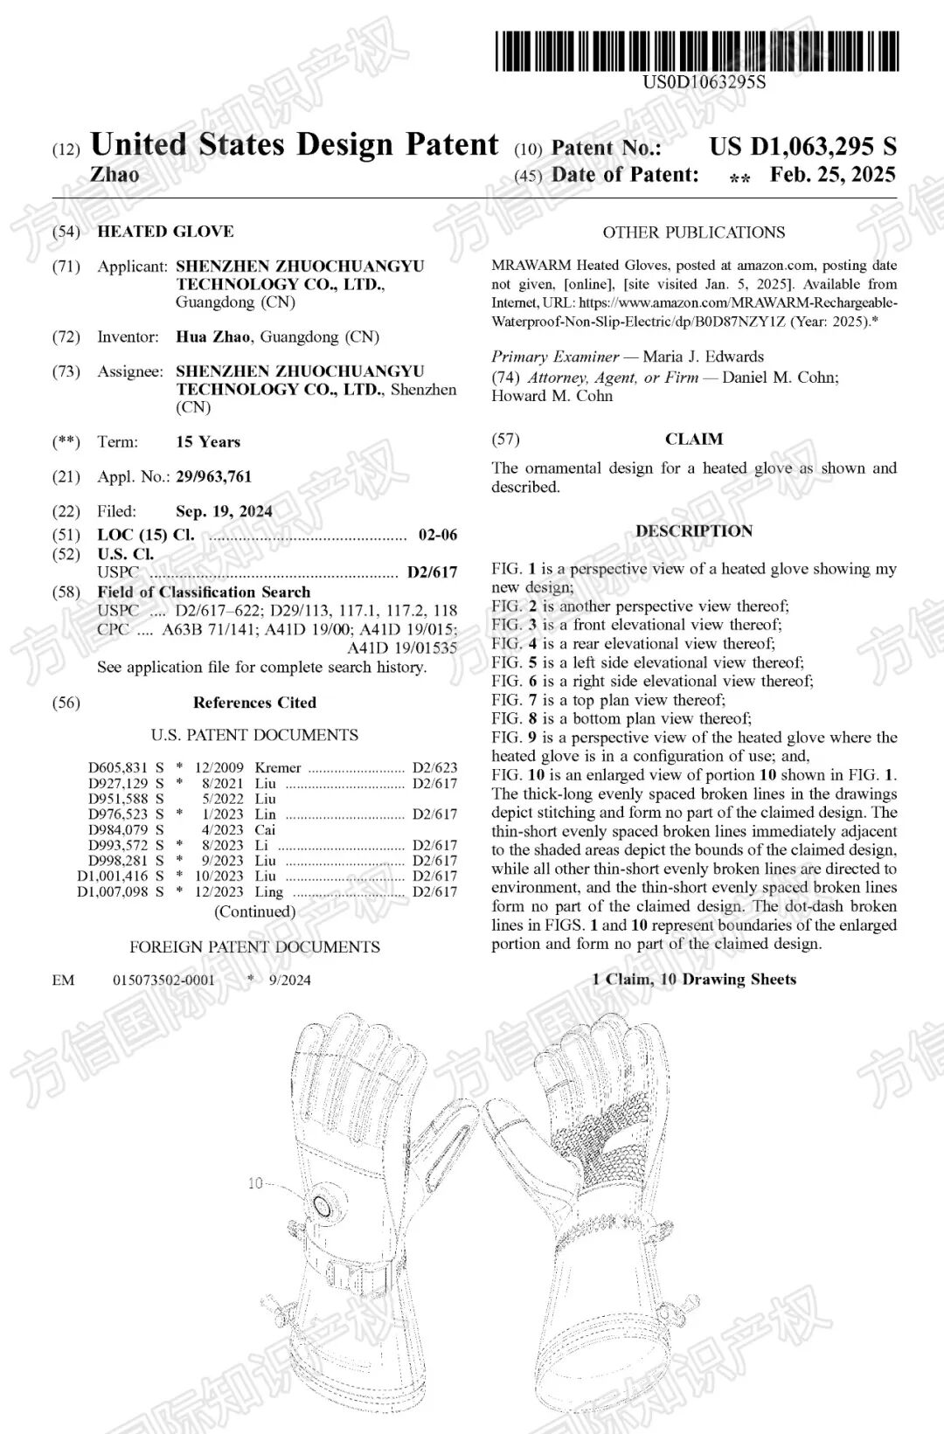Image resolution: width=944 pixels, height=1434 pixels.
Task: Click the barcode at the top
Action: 697,51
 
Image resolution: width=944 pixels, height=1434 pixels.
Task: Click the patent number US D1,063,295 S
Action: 802,147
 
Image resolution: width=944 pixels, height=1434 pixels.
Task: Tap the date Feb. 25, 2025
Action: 832,175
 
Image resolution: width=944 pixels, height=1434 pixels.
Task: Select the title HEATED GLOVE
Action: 165,232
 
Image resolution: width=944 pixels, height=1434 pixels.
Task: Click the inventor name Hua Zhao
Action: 212,336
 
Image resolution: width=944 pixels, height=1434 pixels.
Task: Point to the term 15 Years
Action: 208,441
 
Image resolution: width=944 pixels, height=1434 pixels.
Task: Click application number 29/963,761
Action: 213,476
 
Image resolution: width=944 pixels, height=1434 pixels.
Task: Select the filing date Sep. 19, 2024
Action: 224,511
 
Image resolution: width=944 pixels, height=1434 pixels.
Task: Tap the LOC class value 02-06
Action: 437,535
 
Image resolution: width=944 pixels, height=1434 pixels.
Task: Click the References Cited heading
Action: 254,703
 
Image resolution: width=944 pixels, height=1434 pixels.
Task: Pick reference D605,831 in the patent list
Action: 118,767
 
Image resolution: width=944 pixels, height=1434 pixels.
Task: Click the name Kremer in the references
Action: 278,767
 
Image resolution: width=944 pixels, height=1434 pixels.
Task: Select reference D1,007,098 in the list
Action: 113,891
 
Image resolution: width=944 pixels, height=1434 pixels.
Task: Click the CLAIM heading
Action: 694,439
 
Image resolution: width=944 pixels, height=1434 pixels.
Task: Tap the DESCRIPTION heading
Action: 694,530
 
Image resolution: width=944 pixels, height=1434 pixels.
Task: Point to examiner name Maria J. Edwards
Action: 703,357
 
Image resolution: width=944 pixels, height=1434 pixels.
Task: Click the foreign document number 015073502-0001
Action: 163,980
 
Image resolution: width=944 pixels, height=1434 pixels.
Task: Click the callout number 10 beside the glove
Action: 255,1183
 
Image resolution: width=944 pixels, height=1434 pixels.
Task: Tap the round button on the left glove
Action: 322,1207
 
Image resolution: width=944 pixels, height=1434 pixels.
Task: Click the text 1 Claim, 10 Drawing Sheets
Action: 694,979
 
